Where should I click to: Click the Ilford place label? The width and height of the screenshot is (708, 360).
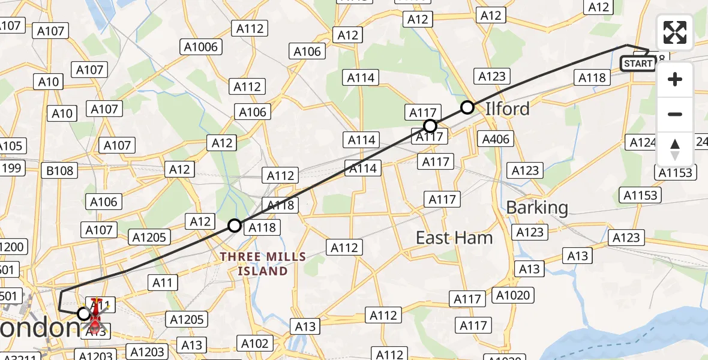[x=508, y=109]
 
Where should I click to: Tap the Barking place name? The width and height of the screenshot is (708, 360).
[x=537, y=208]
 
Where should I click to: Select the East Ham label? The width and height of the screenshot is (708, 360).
[x=454, y=238]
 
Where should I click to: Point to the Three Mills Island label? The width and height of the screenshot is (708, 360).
[x=263, y=264]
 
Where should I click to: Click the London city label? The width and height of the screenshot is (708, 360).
[x=39, y=328]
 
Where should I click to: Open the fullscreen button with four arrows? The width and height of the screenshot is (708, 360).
[x=675, y=32]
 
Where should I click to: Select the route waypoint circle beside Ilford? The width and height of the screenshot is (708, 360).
[x=467, y=107]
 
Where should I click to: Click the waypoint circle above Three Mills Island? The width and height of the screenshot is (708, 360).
[x=235, y=226]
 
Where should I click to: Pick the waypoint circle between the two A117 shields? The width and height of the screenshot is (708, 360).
[x=430, y=126]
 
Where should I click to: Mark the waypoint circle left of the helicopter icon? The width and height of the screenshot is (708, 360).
[x=84, y=313]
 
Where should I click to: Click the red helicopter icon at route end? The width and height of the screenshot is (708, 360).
[x=95, y=315]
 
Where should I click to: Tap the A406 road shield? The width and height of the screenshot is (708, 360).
[x=496, y=139]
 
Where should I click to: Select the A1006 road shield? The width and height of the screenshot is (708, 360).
[x=202, y=47]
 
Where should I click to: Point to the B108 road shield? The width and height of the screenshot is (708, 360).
[x=60, y=170]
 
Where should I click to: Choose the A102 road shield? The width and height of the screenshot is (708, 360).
[x=254, y=343]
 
